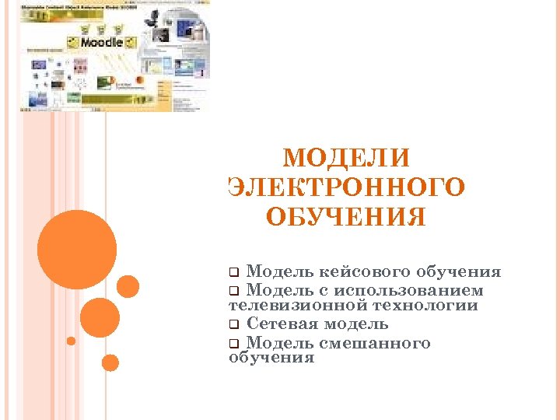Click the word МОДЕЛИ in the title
point(345,159)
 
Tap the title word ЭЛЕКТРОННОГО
point(348,187)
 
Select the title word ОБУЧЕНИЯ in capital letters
point(345,217)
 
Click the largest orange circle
point(77,250)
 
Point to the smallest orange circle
point(71,341)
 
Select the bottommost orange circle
point(110,362)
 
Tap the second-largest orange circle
point(100,317)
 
